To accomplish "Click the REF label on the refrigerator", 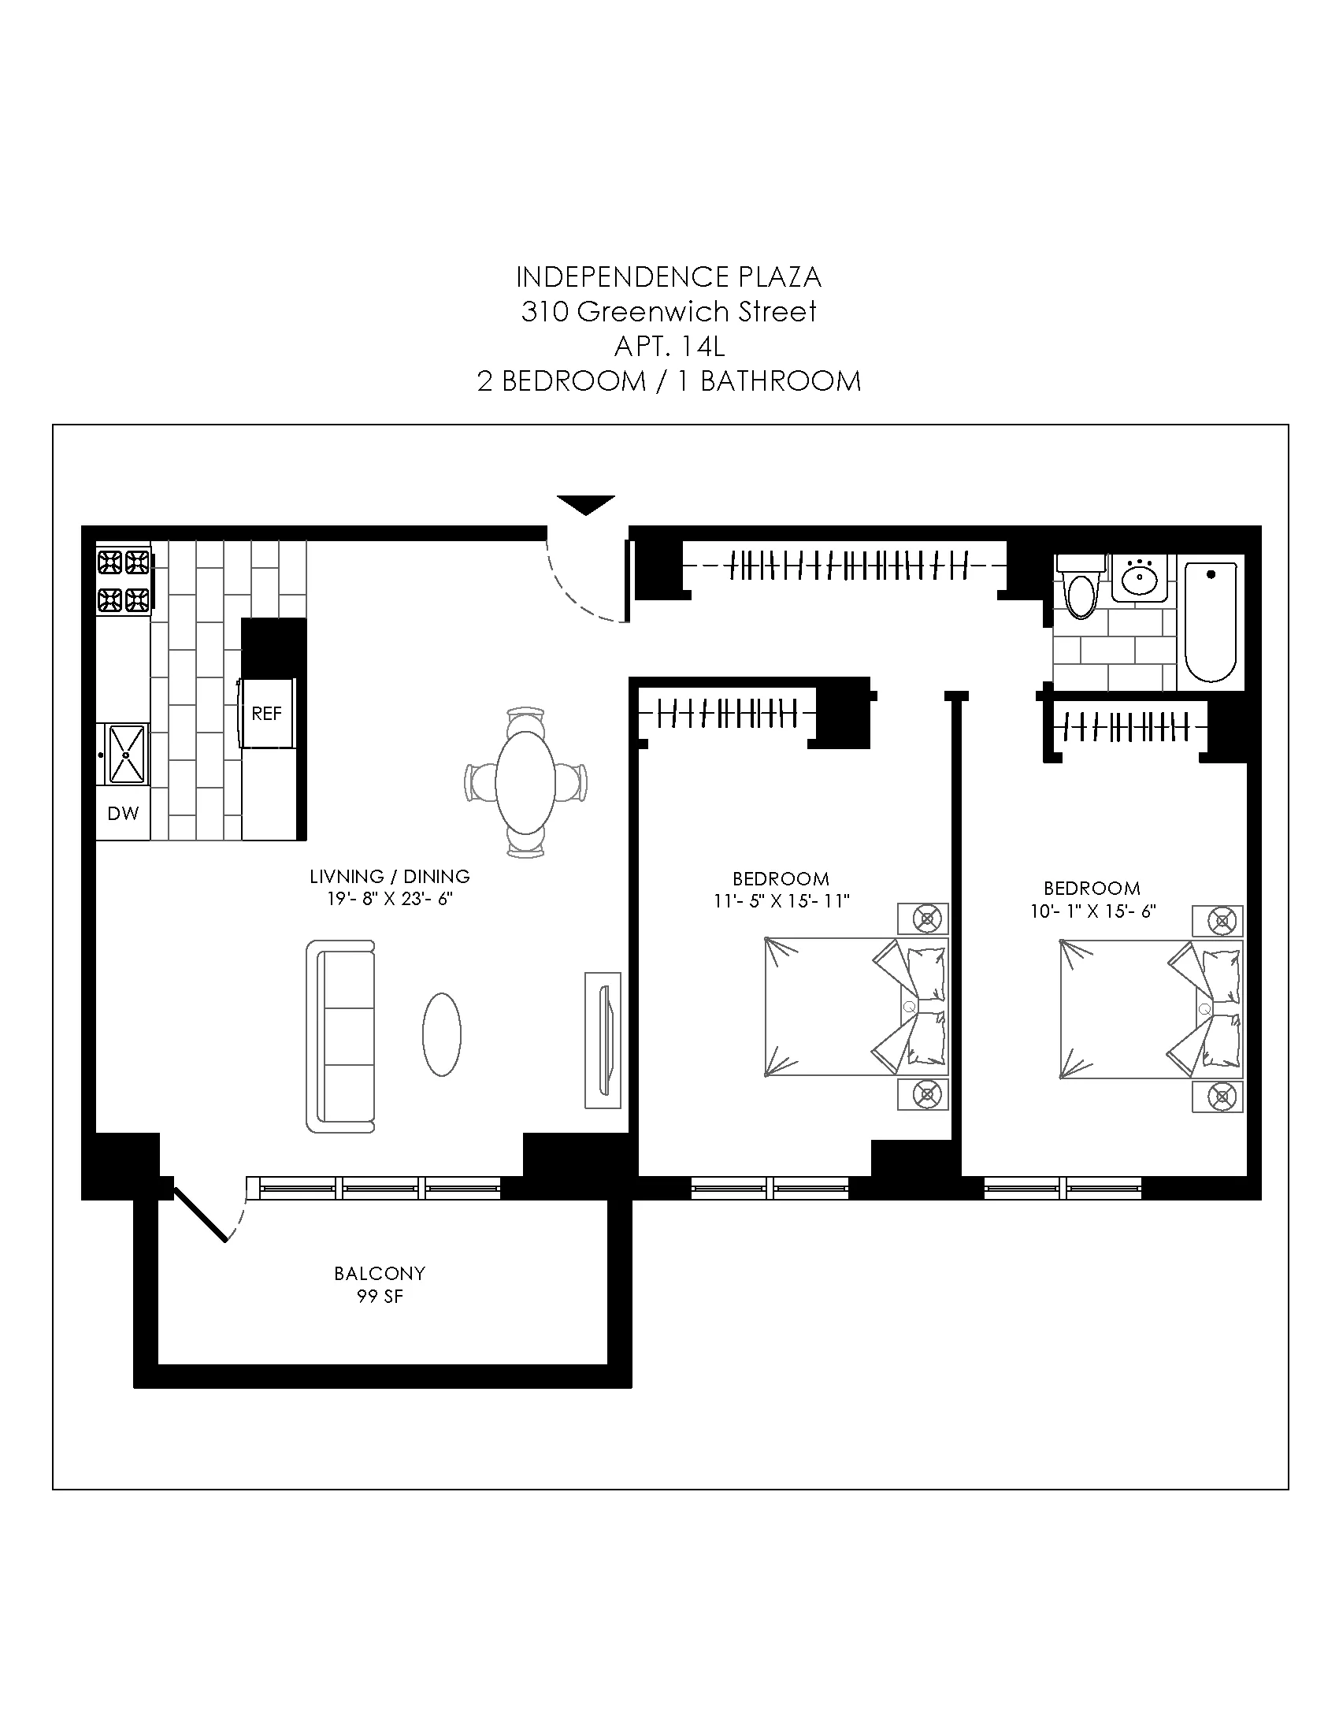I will (x=266, y=714).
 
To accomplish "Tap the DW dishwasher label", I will (x=123, y=814).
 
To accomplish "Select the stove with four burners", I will (x=124, y=581).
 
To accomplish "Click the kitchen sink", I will (x=126, y=754).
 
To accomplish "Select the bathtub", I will (x=1211, y=622).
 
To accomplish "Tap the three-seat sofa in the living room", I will (x=341, y=1037).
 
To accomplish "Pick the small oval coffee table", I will (x=442, y=1034).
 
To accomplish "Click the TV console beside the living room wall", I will (x=603, y=1040).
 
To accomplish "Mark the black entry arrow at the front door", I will (x=586, y=505).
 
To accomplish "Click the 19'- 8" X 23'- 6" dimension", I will (x=389, y=899).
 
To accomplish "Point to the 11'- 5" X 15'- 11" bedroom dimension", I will (x=781, y=901).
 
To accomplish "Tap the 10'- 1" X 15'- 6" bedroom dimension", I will (x=1093, y=911).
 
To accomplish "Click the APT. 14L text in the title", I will (x=669, y=347).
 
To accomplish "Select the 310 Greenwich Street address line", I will (x=669, y=312).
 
